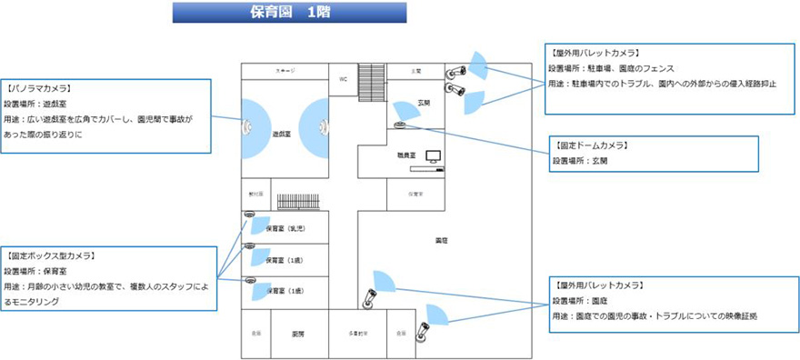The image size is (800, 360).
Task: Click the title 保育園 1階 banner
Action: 289,13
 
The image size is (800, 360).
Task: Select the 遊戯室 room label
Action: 282,134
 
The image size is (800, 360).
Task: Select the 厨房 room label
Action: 296,333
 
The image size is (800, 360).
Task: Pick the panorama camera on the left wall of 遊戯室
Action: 246,127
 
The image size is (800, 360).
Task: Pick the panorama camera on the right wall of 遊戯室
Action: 322,127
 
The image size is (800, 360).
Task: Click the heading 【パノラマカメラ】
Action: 39,89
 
